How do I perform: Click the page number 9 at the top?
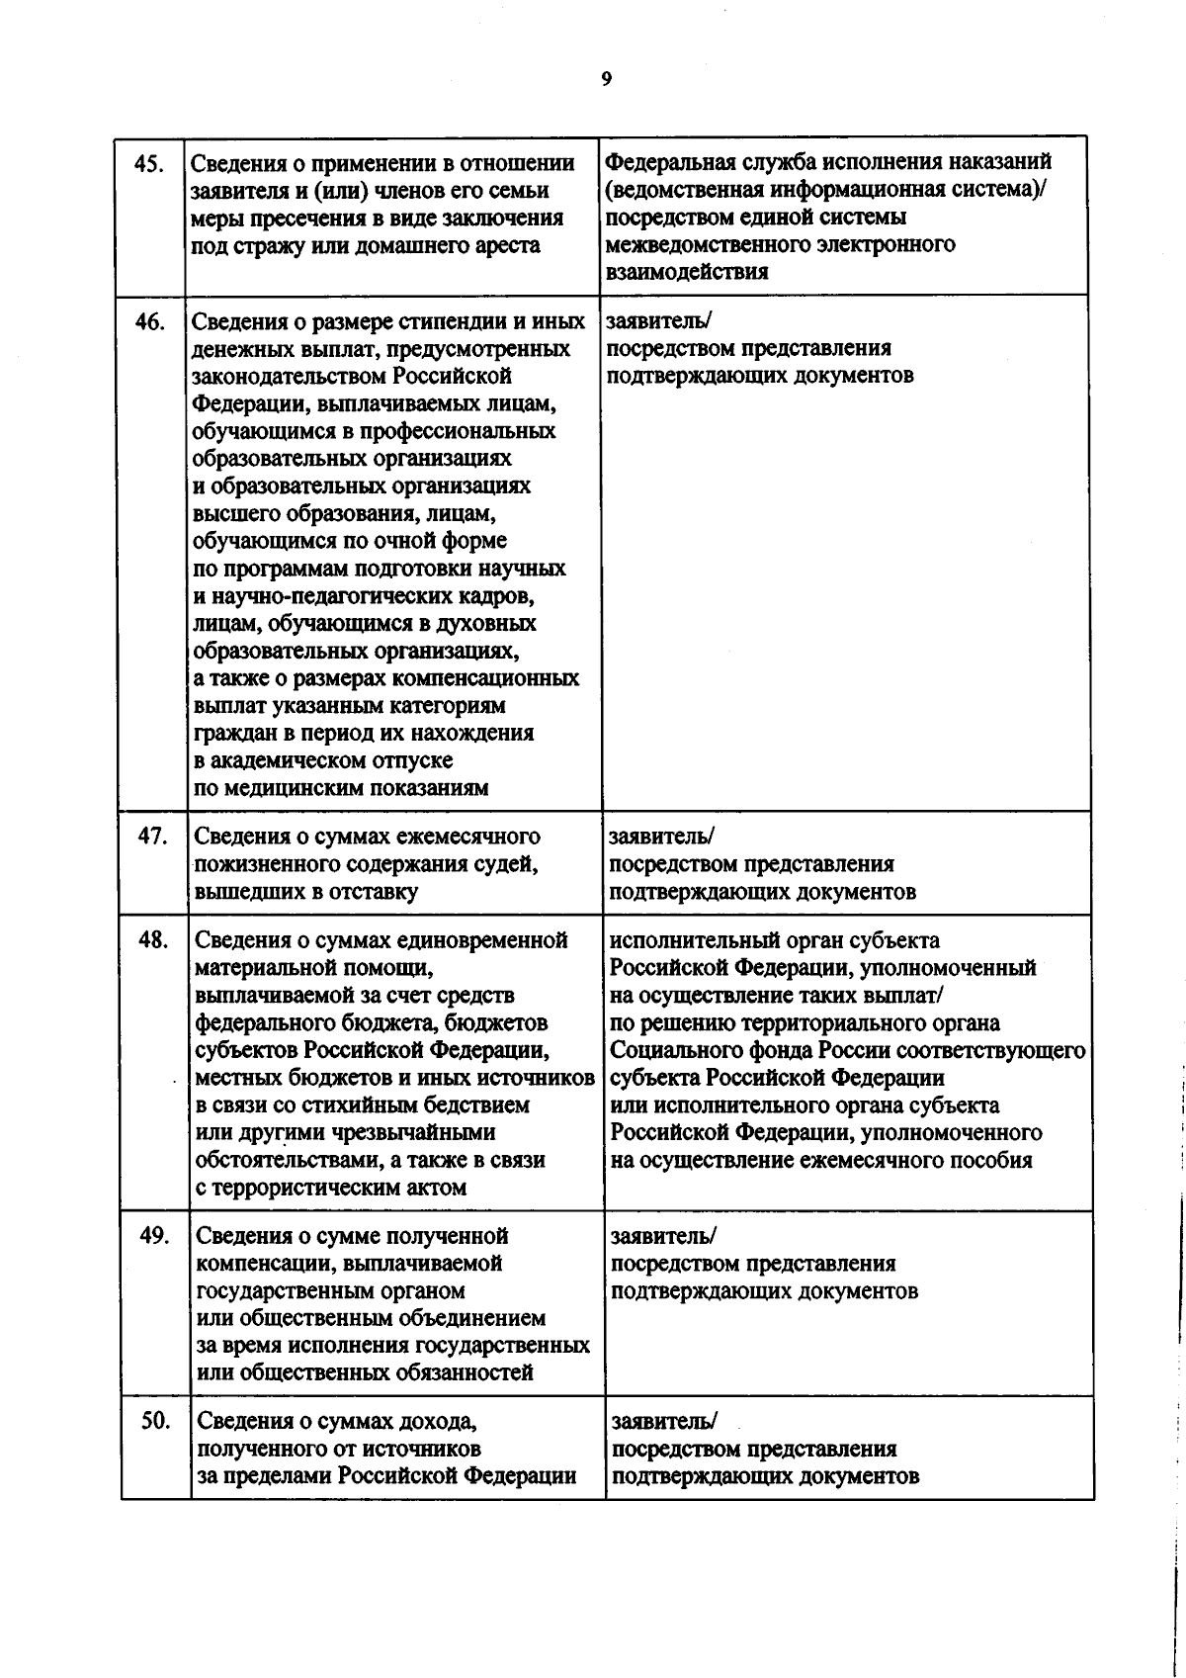tap(606, 80)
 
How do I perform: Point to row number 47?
tap(152, 836)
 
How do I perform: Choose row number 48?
tap(153, 939)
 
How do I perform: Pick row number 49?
tap(154, 1235)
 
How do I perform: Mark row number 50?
tap(155, 1421)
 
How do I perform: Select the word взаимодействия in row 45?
tap(687, 272)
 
